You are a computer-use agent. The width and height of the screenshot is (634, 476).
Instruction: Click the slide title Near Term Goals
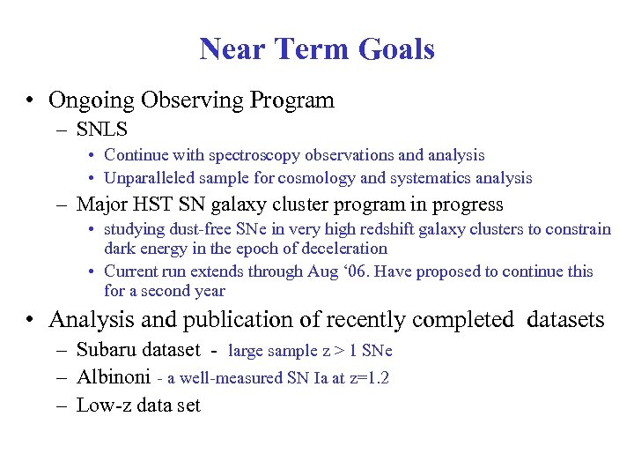point(317,48)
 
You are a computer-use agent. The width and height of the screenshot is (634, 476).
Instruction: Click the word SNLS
point(102,130)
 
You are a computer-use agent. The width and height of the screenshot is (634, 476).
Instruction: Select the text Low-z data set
point(138,405)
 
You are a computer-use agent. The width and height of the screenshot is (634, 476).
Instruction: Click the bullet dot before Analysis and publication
point(31,319)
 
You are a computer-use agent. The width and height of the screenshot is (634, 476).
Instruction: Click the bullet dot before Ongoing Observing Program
point(31,100)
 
